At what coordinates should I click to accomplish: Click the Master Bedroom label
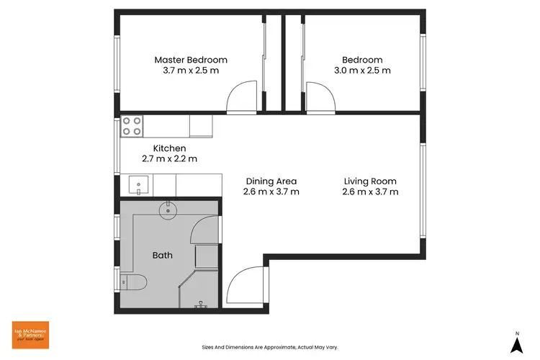pos(191,60)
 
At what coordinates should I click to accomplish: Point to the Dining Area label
pos(271,181)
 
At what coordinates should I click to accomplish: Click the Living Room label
pos(370,181)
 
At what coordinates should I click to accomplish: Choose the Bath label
pos(162,255)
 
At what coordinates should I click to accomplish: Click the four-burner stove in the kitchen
pos(131,126)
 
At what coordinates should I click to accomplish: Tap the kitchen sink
pos(139,185)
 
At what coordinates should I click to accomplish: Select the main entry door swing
pos(244,286)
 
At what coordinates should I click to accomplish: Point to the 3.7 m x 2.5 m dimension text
pos(191,71)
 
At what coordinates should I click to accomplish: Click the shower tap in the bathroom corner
pos(201,305)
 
